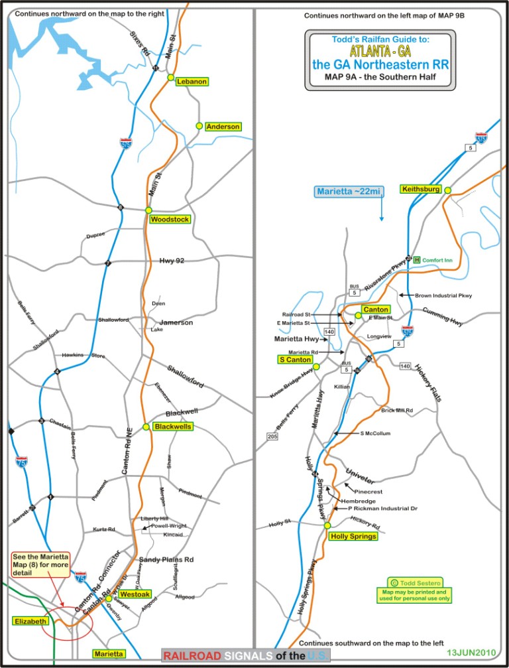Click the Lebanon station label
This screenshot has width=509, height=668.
pyautogui.click(x=192, y=82)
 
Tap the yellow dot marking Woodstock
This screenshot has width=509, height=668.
pyautogui.click(x=149, y=210)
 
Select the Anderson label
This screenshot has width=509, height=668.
pyautogui.click(x=223, y=126)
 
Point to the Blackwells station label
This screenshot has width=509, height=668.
pyautogui.click(x=172, y=427)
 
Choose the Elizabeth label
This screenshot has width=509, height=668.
pyautogui.click(x=30, y=622)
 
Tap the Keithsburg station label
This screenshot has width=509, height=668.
pyautogui.click(x=421, y=189)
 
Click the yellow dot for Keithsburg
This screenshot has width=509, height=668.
pyautogui.click(x=448, y=190)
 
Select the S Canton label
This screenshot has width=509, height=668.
pyautogui.click(x=294, y=360)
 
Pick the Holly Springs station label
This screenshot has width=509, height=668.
pyautogui.click(x=353, y=535)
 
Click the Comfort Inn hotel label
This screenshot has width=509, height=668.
pyautogui.click(x=437, y=260)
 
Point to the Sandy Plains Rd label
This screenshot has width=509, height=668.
pyautogui.click(x=165, y=560)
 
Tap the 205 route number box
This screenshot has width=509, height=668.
pyautogui.click(x=272, y=436)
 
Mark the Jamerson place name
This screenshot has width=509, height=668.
pyautogui.click(x=176, y=322)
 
